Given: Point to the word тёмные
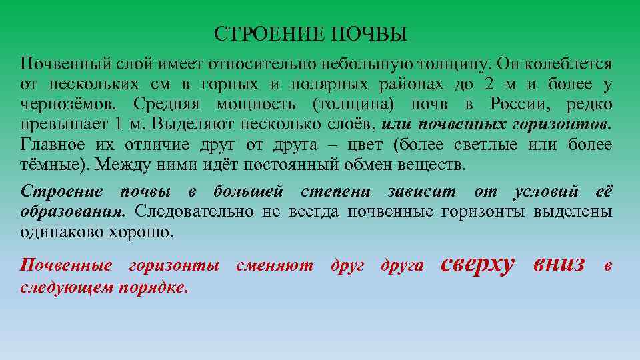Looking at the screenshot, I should (49, 165).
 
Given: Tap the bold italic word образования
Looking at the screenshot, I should (73, 211).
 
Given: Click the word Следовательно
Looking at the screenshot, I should (194, 211).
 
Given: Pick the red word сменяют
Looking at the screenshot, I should (275, 265).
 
